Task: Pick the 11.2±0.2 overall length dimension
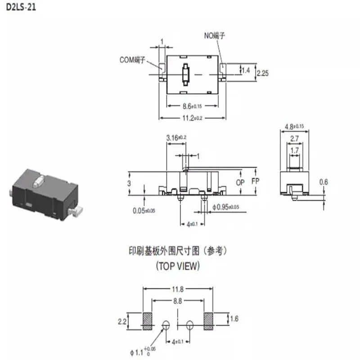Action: pyautogui.click(x=192, y=117)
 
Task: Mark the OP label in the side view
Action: pyautogui.click(x=241, y=183)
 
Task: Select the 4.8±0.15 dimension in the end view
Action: pyautogui.click(x=295, y=126)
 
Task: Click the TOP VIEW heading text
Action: pyautogui.click(x=177, y=266)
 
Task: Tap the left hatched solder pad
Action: pyautogui.click(x=148, y=320)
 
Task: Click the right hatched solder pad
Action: pyautogui.click(x=209, y=320)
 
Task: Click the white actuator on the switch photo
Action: pyautogui.click(x=38, y=181)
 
